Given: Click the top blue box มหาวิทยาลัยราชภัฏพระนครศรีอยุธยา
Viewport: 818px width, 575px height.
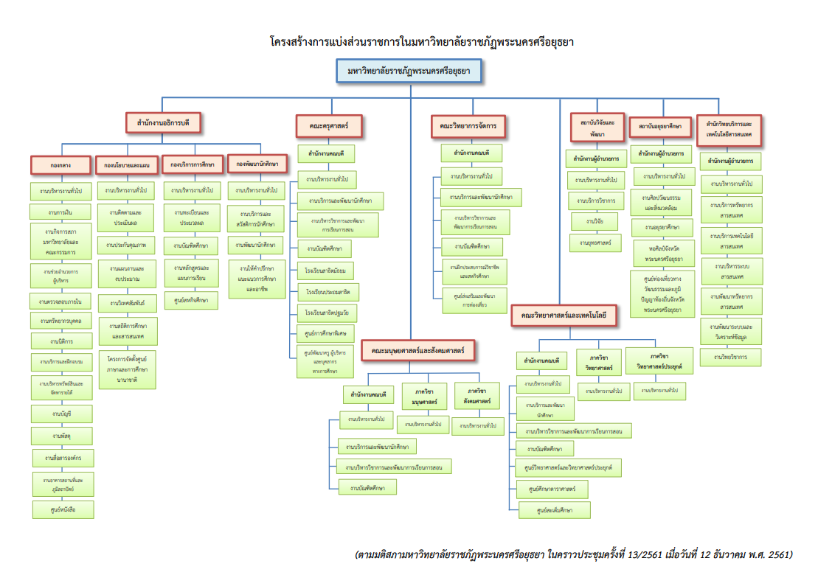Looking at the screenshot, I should click(x=409, y=72).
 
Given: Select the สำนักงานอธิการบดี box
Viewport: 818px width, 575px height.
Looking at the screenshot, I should click(x=163, y=122).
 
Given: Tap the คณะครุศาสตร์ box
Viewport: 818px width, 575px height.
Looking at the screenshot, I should click(x=330, y=126).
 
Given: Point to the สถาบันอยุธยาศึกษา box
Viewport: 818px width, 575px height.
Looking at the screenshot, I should click(x=660, y=128).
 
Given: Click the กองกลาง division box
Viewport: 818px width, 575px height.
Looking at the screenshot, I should click(x=60, y=164).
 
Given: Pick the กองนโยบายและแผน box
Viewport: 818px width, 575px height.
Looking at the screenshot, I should click(x=127, y=165).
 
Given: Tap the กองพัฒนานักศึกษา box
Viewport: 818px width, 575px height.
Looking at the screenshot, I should click(x=258, y=163).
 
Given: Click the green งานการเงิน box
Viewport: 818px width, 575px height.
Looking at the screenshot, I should click(x=61, y=213).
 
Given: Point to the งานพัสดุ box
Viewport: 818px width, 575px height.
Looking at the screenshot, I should click(x=61, y=436).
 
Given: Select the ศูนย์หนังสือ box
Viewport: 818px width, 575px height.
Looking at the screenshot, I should click(x=62, y=509).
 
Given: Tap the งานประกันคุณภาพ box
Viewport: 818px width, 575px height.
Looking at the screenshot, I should click(x=126, y=244).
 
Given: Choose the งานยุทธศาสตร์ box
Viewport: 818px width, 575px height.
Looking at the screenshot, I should click(x=596, y=242).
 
